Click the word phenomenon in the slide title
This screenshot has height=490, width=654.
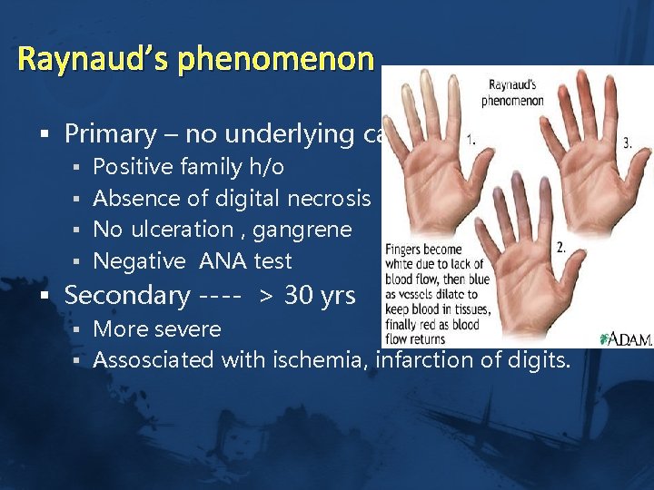click(x=276, y=60)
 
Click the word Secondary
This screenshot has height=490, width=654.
click(x=127, y=296)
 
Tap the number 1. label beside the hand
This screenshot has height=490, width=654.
click(x=472, y=142)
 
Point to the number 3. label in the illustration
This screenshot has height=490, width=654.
click(x=627, y=142)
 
